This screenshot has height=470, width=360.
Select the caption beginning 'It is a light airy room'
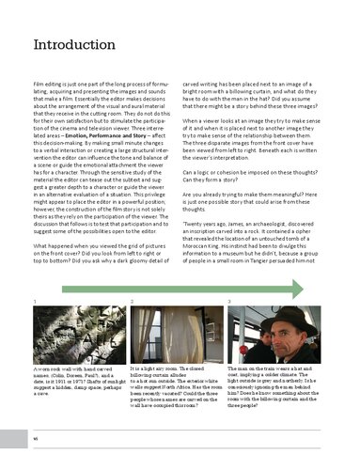click(174, 395)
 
